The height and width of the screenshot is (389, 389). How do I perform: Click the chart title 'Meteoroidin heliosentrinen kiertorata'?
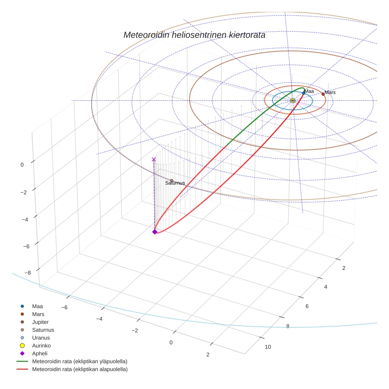[x=194, y=35]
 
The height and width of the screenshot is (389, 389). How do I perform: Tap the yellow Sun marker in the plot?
[x=293, y=101]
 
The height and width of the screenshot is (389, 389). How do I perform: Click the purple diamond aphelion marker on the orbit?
[x=155, y=232]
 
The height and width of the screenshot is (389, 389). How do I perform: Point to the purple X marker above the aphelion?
[x=154, y=159]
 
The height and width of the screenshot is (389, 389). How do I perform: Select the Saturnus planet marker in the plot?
[x=172, y=181]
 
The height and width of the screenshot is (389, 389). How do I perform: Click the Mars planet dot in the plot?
[x=323, y=94]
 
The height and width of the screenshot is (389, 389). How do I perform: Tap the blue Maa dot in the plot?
[x=304, y=93]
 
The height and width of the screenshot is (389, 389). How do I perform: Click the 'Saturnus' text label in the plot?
[x=175, y=183]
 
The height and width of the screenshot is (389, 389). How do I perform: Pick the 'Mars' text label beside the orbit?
[x=330, y=92]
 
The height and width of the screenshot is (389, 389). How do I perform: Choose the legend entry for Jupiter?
[x=40, y=322]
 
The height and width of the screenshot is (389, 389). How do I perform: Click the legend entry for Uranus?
[x=41, y=338]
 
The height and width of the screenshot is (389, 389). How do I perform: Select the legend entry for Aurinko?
[x=41, y=346]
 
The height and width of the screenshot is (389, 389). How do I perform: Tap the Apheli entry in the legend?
[x=40, y=353]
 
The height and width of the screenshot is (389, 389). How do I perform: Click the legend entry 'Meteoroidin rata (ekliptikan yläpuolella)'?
[x=79, y=361]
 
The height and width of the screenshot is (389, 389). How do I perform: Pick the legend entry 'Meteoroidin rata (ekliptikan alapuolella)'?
[x=79, y=369]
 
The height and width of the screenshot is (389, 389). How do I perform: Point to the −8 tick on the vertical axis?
[x=28, y=272]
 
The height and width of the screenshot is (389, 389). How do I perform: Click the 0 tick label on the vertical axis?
[x=23, y=164]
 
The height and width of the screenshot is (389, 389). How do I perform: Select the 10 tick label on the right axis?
[x=268, y=347]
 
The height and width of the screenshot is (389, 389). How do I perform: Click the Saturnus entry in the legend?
[x=43, y=330]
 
